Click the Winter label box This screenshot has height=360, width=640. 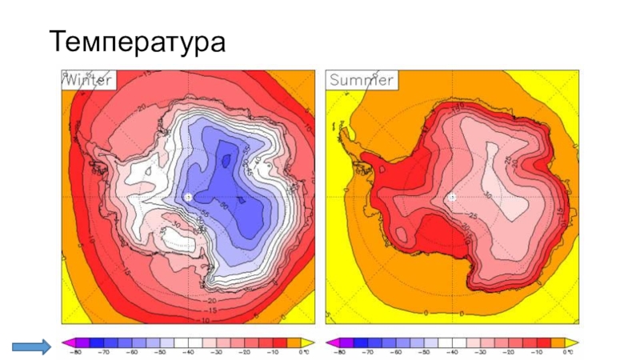90,79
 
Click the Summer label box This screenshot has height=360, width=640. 361,79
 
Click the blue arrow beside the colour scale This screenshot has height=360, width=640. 31,346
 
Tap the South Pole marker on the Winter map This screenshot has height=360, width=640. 188,197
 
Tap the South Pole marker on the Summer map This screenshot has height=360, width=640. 452,197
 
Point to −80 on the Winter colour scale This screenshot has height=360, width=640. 77,353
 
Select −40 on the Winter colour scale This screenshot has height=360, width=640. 190,353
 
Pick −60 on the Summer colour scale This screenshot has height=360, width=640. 398,353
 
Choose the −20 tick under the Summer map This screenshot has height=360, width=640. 509,353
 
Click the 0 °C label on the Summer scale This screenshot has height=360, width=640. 567,353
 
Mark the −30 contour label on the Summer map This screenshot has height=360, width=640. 487,194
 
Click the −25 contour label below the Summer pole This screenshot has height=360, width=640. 472,216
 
